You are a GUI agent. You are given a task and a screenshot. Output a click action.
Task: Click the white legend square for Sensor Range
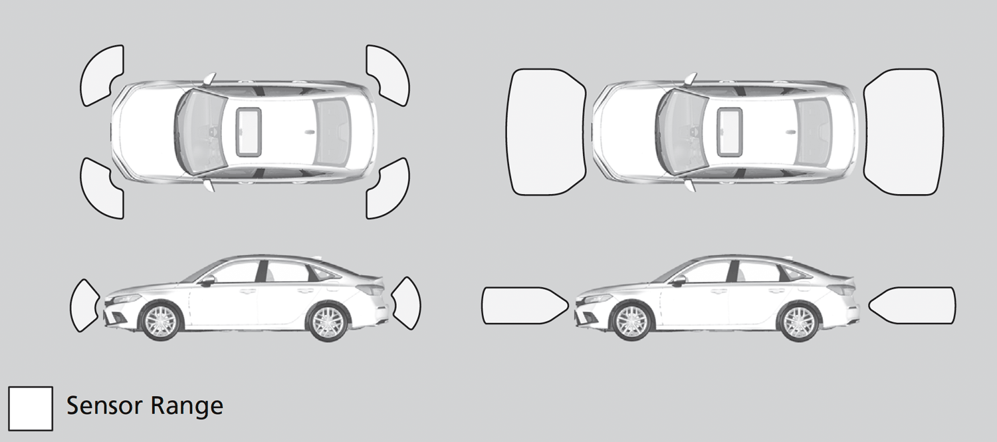coord(31,409)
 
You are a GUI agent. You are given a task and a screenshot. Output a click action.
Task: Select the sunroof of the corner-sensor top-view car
coord(249,132)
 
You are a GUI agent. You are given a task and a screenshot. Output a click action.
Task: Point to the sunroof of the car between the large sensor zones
coord(730,132)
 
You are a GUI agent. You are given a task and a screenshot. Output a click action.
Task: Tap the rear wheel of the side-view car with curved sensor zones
coord(328,322)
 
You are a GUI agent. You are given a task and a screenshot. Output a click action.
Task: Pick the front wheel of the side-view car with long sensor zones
coord(631,322)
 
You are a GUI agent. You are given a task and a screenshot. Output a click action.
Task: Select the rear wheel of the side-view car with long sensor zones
coord(799,322)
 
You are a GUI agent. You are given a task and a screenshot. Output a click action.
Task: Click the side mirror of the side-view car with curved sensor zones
coord(207,280)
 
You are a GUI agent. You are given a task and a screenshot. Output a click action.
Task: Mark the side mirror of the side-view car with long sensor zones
coord(679,280)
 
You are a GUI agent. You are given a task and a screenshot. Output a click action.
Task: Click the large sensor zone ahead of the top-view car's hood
coord(546,132)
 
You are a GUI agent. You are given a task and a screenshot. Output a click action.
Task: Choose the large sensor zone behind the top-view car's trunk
coord(903,132)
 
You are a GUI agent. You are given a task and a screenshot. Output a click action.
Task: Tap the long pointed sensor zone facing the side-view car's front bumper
coord(525,305)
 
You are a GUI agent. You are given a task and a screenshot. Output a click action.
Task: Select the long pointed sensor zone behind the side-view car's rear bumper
coord(911,305)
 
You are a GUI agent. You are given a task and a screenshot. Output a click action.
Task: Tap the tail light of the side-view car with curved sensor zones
coord(370,288)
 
